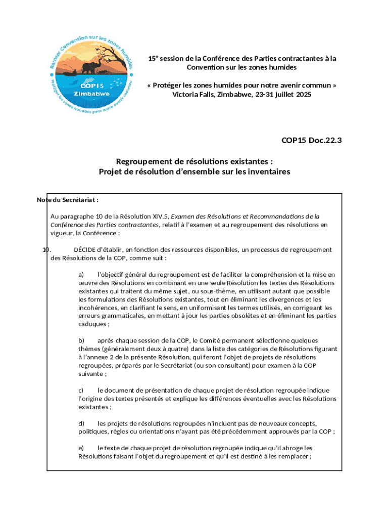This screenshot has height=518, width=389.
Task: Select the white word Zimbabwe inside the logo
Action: (x=91, y=94)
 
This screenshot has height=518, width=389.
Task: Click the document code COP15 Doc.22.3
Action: (x=311, y=141)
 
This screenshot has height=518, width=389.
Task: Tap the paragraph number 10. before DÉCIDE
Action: (x=46, y=249)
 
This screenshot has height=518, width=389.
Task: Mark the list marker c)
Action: (x=81, y=391)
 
